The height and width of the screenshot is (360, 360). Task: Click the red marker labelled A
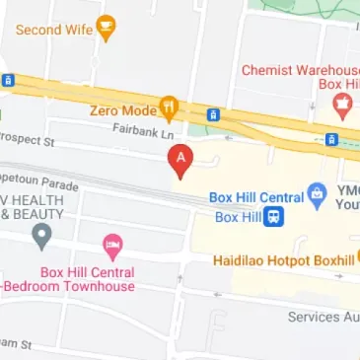coord(180,159)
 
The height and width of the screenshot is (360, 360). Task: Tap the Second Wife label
coord(53,29)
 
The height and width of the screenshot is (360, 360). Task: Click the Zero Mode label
coord(123,109)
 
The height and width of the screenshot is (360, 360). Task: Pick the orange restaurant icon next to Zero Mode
coord(170,108)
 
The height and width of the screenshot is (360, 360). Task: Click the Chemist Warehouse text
coord(300,70)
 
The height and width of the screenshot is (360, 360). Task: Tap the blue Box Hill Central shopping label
coord(254,196)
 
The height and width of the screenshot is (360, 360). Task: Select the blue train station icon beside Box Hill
coord(280,216)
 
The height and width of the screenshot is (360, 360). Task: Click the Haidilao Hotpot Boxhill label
coord(283,261)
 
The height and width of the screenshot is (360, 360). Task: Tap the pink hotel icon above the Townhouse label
coord(112,245)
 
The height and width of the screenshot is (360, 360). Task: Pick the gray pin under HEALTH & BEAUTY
coord(40,236)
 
